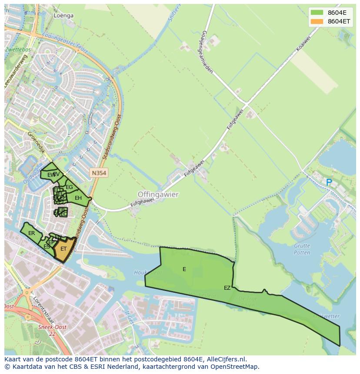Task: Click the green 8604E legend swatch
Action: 317,12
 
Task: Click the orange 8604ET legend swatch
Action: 317,21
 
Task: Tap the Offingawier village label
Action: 158,195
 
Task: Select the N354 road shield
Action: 99,173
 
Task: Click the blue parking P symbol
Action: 329,183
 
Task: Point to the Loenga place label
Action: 63,15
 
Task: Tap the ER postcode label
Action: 31,233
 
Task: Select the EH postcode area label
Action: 78,198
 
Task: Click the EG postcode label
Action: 69,187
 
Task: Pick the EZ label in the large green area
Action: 227,288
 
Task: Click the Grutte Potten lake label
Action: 302,249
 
